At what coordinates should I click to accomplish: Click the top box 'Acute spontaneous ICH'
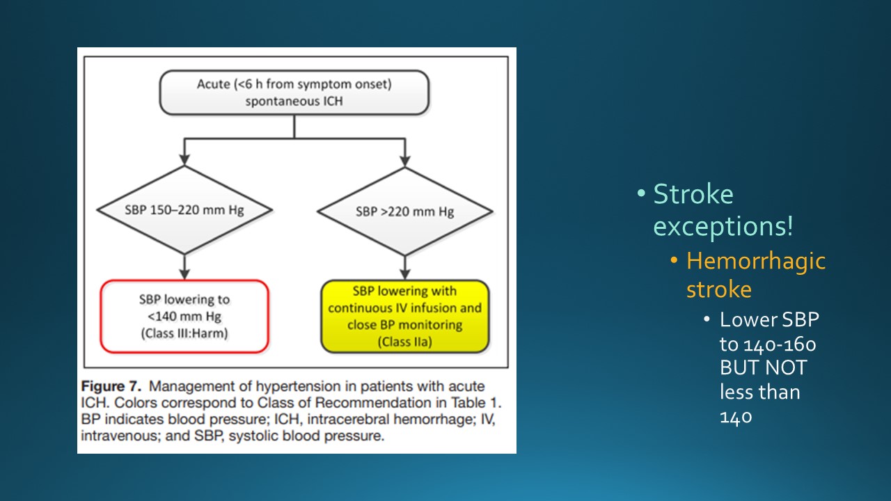pos(294,93)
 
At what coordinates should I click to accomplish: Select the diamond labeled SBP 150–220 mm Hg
pos(184,209)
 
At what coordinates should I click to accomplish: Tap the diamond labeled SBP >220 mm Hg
pos(404,211)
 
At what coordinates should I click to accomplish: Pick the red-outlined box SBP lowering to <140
pos(184,316)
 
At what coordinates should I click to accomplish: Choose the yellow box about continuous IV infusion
pos(404,316)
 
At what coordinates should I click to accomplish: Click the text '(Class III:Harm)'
pos(184,333)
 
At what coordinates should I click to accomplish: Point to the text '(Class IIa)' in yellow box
pos(404,342)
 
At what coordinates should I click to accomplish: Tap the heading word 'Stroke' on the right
pos(693,194)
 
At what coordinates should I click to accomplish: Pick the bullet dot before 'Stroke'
pos(641,194)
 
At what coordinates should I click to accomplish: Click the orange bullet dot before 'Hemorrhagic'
pos(674,261)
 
